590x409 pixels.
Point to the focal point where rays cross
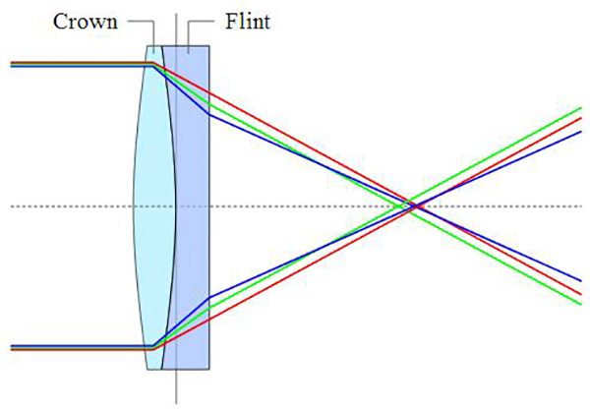point(412,205)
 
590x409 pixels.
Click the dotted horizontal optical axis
point(295,205)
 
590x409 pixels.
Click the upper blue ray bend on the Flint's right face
point(208,114)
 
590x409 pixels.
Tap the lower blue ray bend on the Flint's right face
point(208,296)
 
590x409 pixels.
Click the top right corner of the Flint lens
point(208,45)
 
